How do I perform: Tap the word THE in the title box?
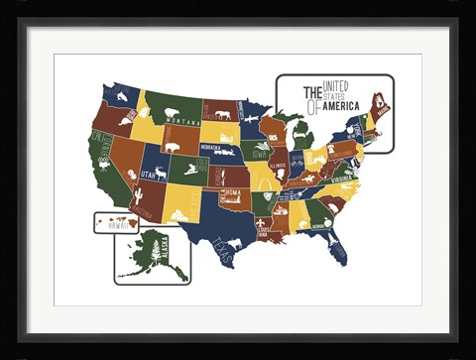tap(315, 91)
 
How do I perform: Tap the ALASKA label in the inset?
tap(165, 248)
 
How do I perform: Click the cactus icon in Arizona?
tap(139, 195)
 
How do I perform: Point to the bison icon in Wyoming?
tap(173, 147)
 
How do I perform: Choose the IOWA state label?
tap(259, 155)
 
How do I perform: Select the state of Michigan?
tap(301, 134)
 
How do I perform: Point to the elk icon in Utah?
tap(159, 173)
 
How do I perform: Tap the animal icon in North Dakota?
tap(222, 115)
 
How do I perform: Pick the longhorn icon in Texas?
tap(236, 242)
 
